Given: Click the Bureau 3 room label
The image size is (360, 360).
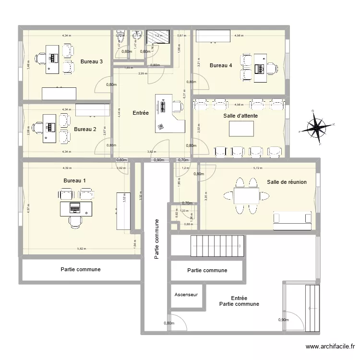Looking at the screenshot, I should [x=91, y=61].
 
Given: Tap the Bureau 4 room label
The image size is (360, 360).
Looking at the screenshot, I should [x=221, y=65].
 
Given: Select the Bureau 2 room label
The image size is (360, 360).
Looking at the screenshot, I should [x=85, y=129].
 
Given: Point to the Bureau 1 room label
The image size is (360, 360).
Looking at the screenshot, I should [x=74, y=180].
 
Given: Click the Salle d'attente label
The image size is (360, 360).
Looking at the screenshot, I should [x=241, y=116].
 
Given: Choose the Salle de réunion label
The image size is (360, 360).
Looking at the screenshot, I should [x=287, y=182].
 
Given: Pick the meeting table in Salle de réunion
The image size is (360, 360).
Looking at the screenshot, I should [x=246, y=195].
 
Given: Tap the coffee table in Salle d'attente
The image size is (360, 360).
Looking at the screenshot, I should [x=242, y=130].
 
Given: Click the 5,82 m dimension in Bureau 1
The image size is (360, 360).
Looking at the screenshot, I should [x=82, y=249].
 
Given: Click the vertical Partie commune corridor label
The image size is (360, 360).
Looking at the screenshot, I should [x=156, y=240].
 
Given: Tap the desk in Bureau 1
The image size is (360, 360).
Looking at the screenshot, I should [x=75, y=208].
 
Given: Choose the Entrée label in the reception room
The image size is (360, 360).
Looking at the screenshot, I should [x=140, y=113].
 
